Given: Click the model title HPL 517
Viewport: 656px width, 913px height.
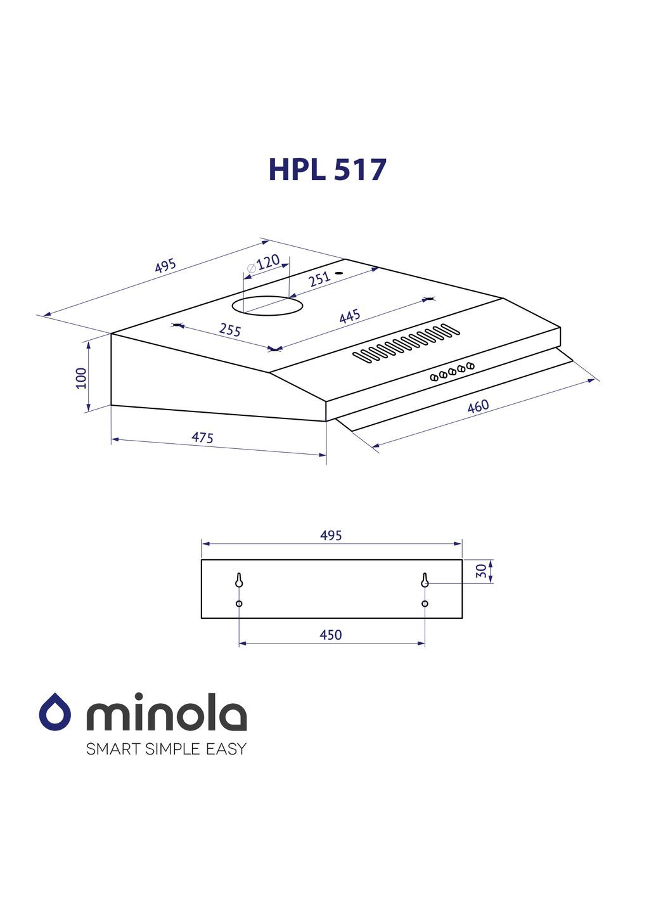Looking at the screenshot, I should coord(327,169).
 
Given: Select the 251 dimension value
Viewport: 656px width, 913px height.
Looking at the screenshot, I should coord(320,278).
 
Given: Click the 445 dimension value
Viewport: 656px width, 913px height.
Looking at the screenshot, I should coord(349,316).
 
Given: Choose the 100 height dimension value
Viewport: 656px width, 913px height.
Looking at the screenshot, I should coord(81,378).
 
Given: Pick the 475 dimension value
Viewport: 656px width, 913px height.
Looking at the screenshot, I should coord(202,437).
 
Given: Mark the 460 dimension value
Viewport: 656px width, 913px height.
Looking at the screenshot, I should coord(478,406).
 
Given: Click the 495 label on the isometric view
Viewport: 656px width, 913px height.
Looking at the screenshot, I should coord(165,266).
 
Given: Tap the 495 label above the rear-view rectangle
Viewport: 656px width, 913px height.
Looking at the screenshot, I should coord(331,536).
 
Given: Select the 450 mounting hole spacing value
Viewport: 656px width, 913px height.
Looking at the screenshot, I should coord(331,635).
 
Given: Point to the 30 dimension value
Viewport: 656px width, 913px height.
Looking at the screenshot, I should coord(482,571).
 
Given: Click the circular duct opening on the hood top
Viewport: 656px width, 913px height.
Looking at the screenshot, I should coord(267,306).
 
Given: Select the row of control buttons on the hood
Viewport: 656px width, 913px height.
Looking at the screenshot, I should coord(452,371).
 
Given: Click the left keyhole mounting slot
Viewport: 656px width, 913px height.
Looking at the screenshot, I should coord(239,580).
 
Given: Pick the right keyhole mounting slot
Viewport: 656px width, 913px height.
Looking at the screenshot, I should coord(425,580).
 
